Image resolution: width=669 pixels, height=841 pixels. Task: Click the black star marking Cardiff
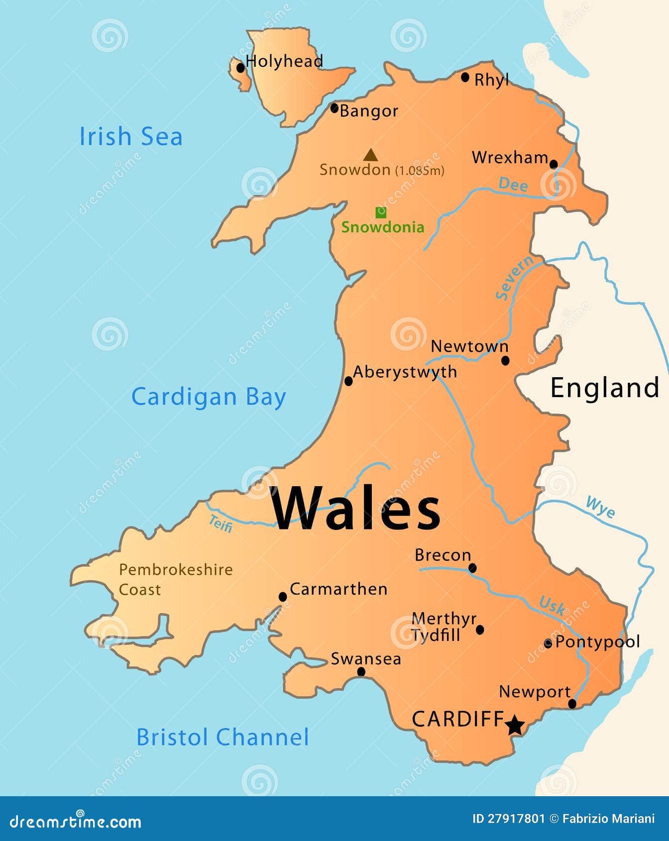tap(515, 725)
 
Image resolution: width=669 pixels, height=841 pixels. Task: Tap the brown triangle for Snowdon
tap(370, 156)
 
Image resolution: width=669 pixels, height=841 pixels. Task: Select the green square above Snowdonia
tap(381, 212)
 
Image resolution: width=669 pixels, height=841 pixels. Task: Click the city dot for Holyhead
tap(241, 67)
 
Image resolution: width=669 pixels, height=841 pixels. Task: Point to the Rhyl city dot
tap(465, 77)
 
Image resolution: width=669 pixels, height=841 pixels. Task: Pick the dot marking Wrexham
tap(554, 164)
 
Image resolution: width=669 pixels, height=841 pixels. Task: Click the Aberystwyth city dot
tap(348, 381)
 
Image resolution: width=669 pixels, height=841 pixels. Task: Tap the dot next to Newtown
tap(505, 360)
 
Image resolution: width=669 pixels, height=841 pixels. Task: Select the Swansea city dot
tap(361, 672)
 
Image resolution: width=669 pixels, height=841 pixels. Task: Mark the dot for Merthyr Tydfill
tap(480, 630)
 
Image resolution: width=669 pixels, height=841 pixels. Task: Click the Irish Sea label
tap(131, 136)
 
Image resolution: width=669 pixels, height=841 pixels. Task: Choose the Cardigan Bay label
tap(209, 397)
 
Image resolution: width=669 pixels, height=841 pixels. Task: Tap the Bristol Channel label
tap(223, 737)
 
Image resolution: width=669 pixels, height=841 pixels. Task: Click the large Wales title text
tap(355, 508)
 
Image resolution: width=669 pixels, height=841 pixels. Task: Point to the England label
tap(605, 388)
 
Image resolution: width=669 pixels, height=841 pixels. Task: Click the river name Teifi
tap(221, 524)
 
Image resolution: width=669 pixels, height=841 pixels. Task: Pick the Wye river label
tap(600, 507)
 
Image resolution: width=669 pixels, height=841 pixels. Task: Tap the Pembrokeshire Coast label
tap(175, 579)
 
